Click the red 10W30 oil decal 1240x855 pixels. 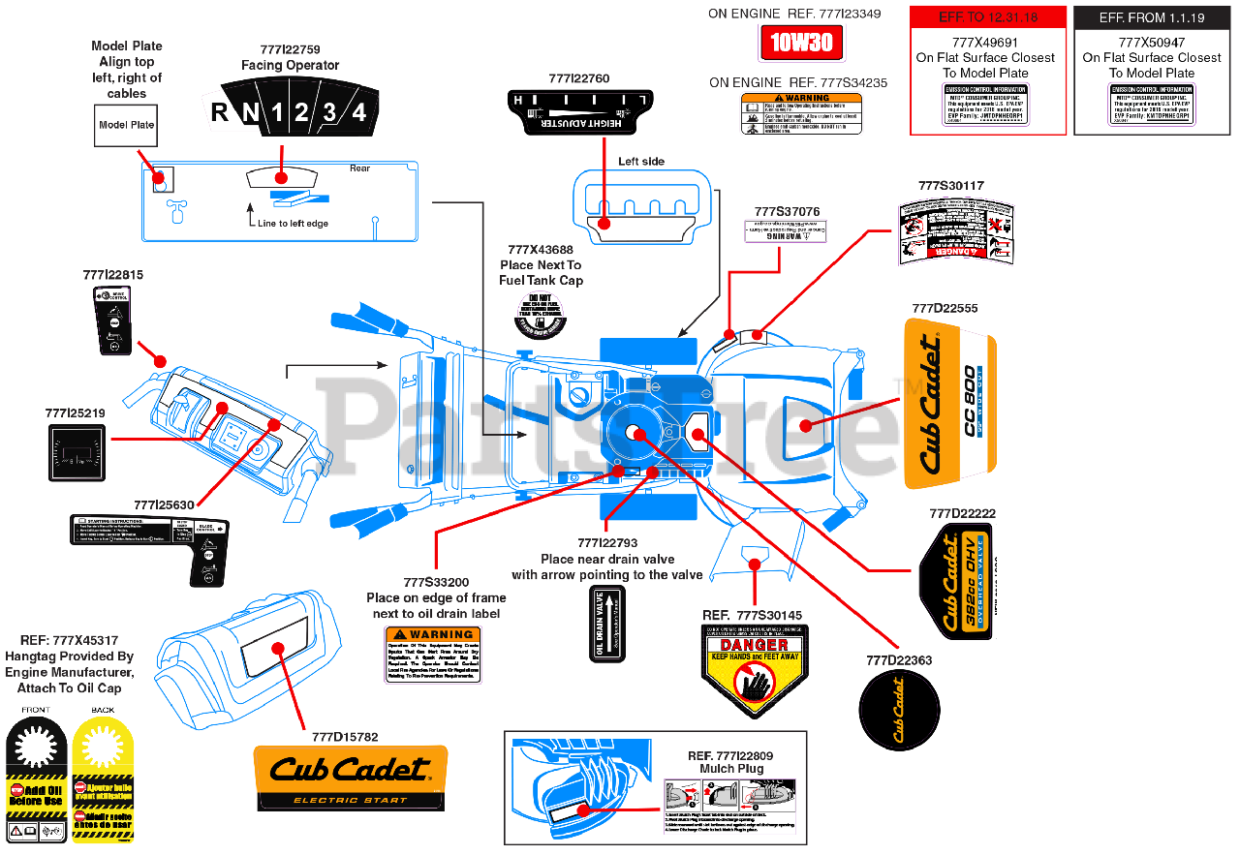[x=802, y=43]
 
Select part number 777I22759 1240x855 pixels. [x=290, y=48]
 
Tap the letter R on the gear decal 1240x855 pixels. [x=221, y=112]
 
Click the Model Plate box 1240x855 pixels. [x=126, y=125]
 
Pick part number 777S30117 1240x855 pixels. [x=950, y=185]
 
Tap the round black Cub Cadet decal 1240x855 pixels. [x=899, y=711]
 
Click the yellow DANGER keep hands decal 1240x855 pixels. [x=754, y=670]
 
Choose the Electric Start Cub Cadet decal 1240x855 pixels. [x=350, y=778]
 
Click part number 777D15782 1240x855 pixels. [x=345, y=736]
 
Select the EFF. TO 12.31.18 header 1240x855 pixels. [x=987, y=17]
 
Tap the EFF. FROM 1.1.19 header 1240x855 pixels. [x=1152, y=17]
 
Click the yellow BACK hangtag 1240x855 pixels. [x=102, y=779]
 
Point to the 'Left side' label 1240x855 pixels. [x=641, y=162]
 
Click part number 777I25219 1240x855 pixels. [x=75, y=412]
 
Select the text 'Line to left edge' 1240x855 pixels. [x=293, y=224]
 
